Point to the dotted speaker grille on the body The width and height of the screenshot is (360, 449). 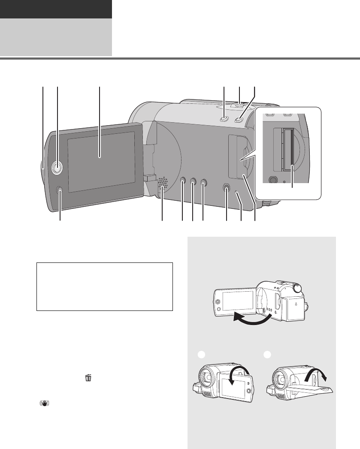tap(163, 182)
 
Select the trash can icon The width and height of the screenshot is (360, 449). tap(88, 378)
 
